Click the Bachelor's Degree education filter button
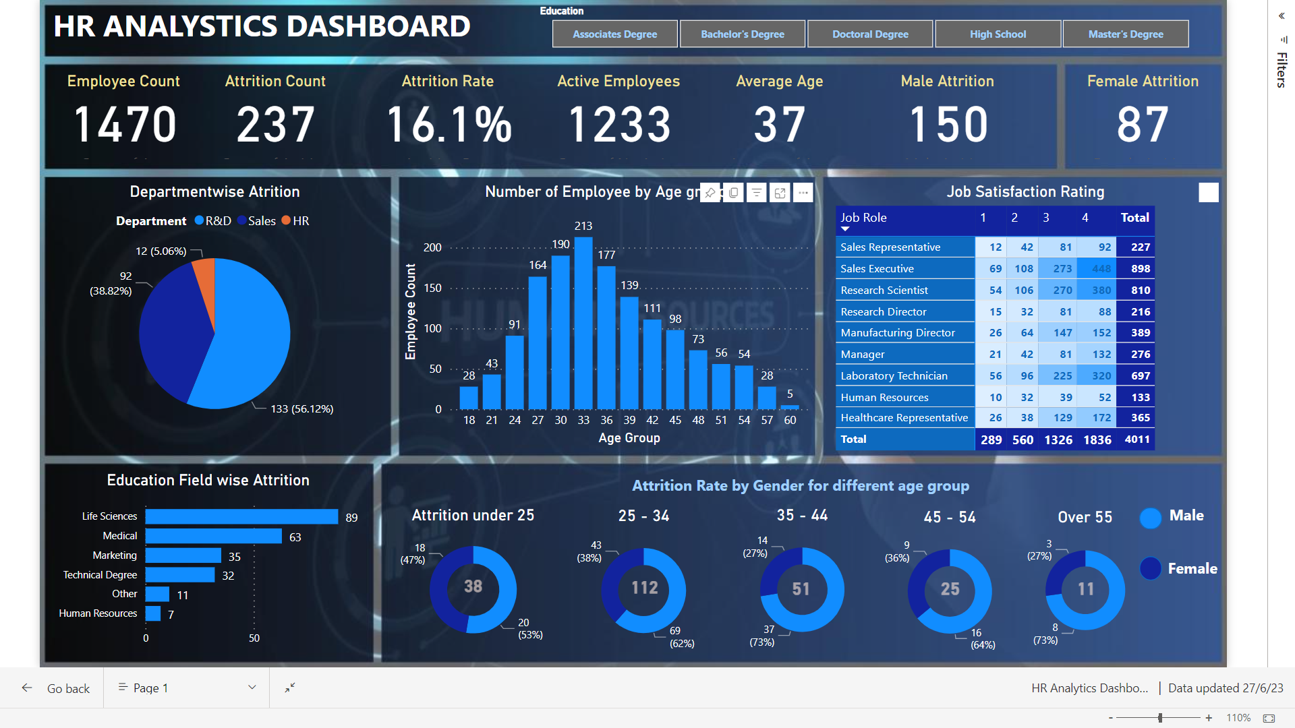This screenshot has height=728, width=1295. pyautogui.click(x=742, y=34)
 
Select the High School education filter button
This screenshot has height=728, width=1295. pyautogui.click(x=998, y=34)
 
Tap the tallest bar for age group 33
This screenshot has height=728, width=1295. pyautogui.click(x=583, y=324)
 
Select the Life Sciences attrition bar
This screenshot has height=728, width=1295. pyautogui.click(x=241, y=516)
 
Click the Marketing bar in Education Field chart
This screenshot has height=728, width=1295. pyautogui.click(x=183, y=555)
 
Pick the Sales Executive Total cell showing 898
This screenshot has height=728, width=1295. pyautogui.click(x=1140, y=269)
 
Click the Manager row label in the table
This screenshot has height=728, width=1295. pyautogui.click(x=863, y=355)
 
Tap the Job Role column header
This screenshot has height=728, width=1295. pyautogui.click(x=863, y=218)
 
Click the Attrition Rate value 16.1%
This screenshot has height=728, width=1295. pyautogui.click(x=449, y=125)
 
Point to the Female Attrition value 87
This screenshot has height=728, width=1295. pyautogui.click(x=1143, y=125)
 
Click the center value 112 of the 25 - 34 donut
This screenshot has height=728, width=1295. pyautogui.click(x=644, y=588)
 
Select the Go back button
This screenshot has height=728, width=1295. pyautogui.click(x=57, y=688)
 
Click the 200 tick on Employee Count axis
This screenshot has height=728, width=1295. pyautogui.click(x=432, y=248)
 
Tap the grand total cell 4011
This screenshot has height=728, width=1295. pyautogui.click(x=1136, y=439)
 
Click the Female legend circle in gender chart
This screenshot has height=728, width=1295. pyautogui.click(x=1150, y=569)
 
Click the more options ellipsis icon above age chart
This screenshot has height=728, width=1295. pyautogui.click(x=803, y=193)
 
